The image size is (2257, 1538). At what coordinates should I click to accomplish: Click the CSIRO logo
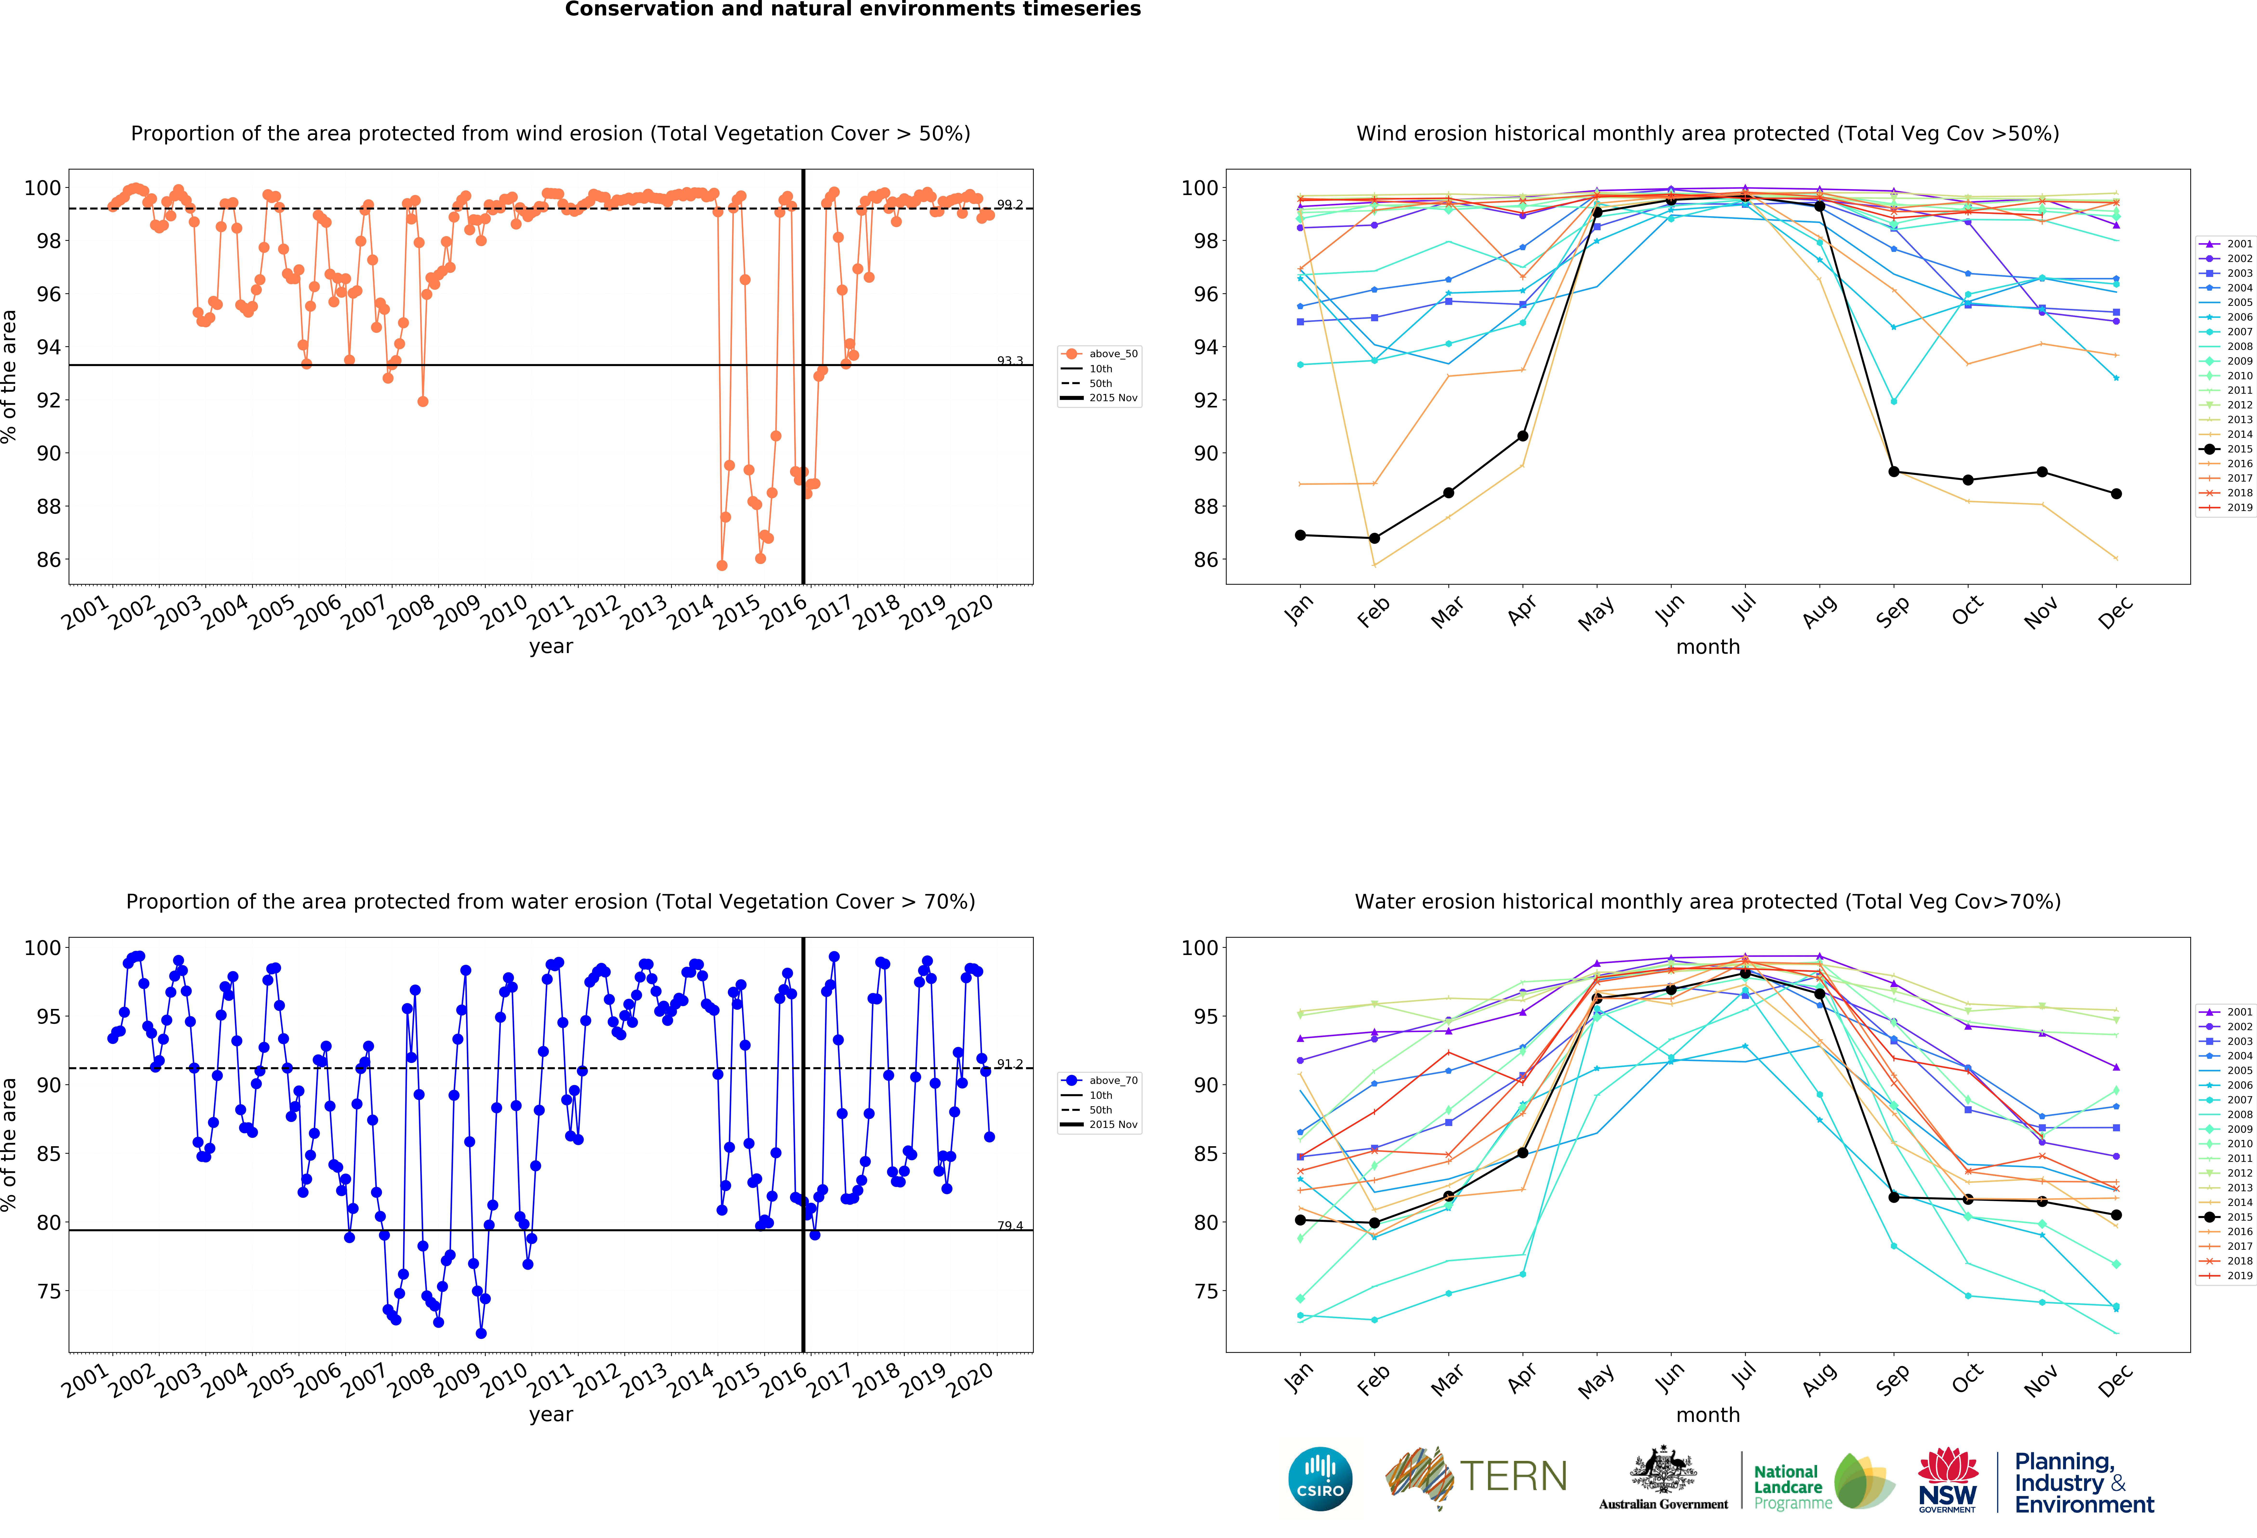click(1320, 1479)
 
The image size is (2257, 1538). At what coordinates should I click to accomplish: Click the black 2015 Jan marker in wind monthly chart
click(1300, 535)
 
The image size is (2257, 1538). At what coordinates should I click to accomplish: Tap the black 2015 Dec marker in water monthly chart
click(2116, 1215)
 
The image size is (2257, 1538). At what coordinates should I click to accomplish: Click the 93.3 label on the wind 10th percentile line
click(1010, 360)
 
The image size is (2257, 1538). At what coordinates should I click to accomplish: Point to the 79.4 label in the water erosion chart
click(1010, 1225)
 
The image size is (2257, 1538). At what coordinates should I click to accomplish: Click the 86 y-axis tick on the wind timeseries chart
click(49, 559)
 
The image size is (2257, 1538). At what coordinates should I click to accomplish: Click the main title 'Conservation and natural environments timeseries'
click(853, 10)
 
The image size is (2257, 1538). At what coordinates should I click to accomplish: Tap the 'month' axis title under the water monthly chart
click(1707, 1415)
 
